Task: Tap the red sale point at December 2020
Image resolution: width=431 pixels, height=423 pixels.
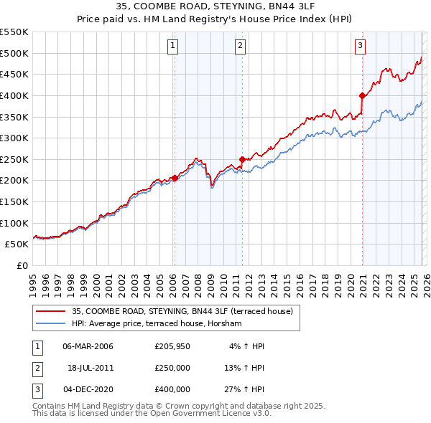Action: [x=362, y=95]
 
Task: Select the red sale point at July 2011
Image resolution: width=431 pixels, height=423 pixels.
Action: [x=242, y=159]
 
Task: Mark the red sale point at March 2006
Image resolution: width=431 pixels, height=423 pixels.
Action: [x=175, y=179]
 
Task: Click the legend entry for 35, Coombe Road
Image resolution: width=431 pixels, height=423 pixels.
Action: [x=182, y=312]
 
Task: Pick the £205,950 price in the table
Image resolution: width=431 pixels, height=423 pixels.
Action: [x=172, y=346]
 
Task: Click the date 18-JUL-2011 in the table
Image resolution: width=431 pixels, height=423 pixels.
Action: [x=91, y=368]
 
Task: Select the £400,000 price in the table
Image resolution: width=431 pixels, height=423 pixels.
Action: [x=172, y=389]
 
